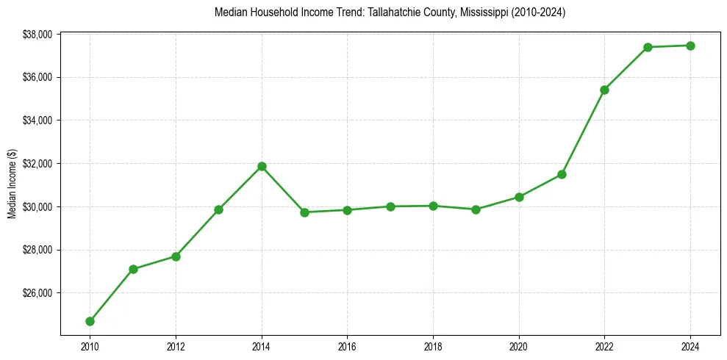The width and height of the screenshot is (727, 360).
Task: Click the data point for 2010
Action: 90,321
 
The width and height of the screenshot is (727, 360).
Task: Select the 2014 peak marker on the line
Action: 262,166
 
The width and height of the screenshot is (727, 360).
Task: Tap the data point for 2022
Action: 604,90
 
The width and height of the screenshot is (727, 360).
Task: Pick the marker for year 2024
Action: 690,46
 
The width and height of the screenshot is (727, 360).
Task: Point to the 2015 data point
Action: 304,212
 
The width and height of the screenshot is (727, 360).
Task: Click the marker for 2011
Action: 133,269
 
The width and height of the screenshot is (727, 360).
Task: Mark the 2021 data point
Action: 562,174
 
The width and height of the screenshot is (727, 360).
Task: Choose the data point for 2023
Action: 648,47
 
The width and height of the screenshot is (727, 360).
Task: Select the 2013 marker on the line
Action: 218,209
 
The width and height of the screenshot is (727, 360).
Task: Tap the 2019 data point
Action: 476,209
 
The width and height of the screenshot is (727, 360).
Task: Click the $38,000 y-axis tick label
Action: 37,35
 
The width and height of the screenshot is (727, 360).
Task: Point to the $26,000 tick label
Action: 37,293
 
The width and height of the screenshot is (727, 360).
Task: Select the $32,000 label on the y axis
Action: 37,164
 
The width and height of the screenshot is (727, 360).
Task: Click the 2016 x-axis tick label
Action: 347,346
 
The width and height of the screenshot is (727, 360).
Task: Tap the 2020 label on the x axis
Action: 519,346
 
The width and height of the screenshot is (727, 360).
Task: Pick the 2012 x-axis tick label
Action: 176,346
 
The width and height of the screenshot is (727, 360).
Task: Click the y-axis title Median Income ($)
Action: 12,184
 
